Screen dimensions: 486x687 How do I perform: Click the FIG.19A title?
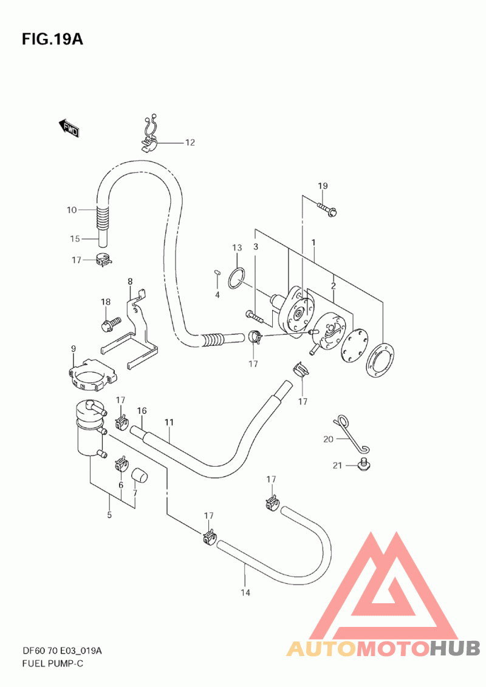tap(52, 39)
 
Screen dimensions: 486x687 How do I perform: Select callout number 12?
tap(190, 143)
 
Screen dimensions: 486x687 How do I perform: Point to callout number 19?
tap(323, 186)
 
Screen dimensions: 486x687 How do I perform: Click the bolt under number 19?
tap(327, 209)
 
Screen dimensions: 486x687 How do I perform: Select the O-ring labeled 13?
tap(237, 279)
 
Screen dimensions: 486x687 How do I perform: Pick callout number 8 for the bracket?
tap(130, 281)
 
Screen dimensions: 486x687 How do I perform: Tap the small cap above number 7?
tap(140, 475)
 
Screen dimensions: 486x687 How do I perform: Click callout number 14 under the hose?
tap(245, 592)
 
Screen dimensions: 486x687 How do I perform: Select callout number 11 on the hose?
tap(169, 422)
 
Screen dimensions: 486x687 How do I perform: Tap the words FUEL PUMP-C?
tap(53, 663)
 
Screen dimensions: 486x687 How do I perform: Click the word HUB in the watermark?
tap(455, 648)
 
